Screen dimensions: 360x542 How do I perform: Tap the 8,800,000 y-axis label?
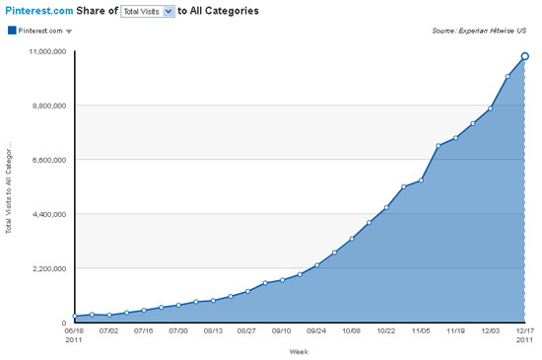[x=46, y=105]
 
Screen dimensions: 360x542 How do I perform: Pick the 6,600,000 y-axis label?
[x=46, y=159]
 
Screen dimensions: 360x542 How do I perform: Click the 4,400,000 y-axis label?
[x=46, y=214]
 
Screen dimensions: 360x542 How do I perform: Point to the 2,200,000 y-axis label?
[x=46, y=268]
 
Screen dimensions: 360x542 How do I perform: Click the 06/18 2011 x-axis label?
[x=76, y=336]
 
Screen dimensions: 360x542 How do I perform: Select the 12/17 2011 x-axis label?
[x=524, y=336]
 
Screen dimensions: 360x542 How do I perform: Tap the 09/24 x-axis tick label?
[x=317, y=332]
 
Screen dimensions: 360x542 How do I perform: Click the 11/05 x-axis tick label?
[x=421, y=332]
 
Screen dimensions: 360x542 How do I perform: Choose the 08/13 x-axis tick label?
[x=214, y=332]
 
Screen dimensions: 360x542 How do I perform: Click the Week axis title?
[x=300, y=350]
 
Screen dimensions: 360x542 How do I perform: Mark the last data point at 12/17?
[x=525, y=56]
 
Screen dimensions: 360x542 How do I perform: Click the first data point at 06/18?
[x=76, y=317]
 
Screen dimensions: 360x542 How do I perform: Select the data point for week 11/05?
[x=421, y=180]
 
